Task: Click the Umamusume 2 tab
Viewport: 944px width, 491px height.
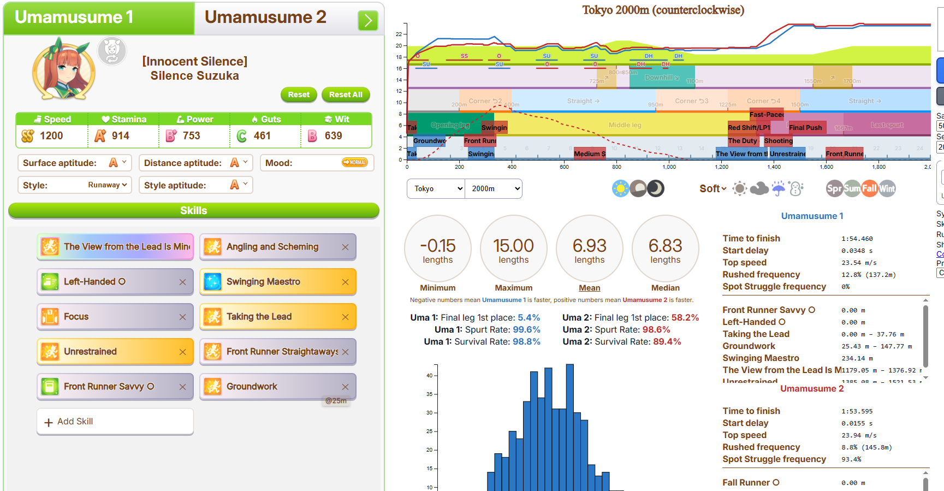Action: click(x=265, y=17)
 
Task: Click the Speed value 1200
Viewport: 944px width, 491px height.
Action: click(x=51, y=136)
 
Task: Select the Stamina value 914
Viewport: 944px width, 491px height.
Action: click(x=120, y=136)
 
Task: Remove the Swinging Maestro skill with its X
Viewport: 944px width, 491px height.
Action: click(x=345, y=282)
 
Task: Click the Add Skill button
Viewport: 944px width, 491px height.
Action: click(x=115, y=422)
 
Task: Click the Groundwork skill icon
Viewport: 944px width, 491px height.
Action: click(x=212, y=387)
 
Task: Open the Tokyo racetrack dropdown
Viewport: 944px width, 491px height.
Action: click(x=436, y=188)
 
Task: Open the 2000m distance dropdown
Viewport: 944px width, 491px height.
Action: click(x=494, y=188)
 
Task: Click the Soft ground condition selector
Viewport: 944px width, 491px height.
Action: click(x=713, y=188)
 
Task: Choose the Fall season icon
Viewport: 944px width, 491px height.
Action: click(x=869, y=188)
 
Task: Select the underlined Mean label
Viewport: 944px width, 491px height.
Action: click(x=589, y=288)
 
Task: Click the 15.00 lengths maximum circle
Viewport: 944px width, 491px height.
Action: click(x=513, y=249)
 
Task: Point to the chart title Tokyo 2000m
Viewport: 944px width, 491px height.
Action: click(x=663, y=10)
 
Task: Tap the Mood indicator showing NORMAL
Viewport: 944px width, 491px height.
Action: click(x=354, y=162)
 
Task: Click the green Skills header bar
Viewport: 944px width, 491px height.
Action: click(x=194, y=210)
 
